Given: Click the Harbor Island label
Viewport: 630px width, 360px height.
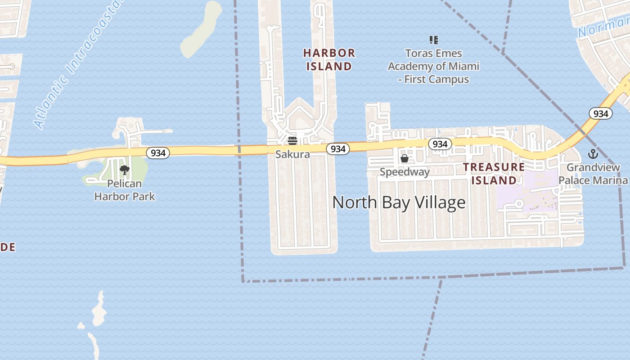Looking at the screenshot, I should [x=329, y=60].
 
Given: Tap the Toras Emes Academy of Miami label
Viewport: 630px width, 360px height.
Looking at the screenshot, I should [x=433, y=66].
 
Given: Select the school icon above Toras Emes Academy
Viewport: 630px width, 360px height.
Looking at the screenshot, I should [x=433, y=40].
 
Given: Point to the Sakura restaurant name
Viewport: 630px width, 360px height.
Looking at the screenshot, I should [x=292, y=154].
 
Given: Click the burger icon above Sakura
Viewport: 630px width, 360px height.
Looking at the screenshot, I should [x=292, y=141].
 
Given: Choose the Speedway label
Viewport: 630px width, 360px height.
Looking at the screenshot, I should [x=405, y=172].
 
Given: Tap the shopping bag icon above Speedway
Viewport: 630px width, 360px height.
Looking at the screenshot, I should [x=405, y=158].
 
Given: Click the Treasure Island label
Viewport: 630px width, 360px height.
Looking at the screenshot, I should [x=494, y=174].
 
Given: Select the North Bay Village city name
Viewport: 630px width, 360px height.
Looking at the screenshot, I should [x=399, y=202].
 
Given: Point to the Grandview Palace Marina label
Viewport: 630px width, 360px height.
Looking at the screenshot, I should [x=593, y=174].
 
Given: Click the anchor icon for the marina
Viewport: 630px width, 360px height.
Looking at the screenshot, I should [x=593, y=154].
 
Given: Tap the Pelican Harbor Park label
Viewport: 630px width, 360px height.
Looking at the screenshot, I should [x=125, y=190].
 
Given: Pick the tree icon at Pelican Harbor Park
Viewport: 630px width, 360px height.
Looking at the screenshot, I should [x=125, y=170].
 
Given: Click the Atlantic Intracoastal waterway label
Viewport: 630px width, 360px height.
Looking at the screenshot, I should [x=74, y=65].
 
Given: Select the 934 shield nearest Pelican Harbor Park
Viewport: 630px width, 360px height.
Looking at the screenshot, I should [x=158, y=153].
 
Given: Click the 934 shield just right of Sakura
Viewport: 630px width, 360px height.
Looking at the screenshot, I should [x=337, y=148].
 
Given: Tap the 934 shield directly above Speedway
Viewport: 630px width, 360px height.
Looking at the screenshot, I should [x=440, y=144].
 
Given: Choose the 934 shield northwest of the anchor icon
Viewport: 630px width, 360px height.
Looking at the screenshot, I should [x=601, y=113].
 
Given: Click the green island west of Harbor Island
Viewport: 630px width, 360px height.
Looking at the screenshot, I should [x=200, y=31].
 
